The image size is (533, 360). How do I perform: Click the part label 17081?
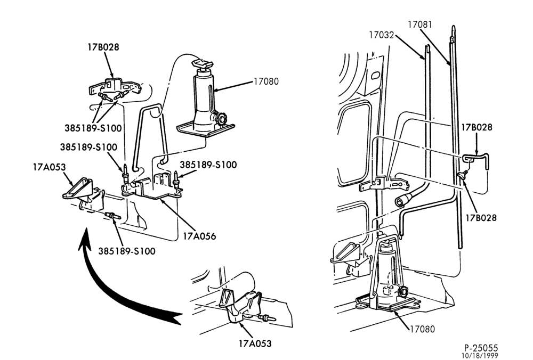[420, 24]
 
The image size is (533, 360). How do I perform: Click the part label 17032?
[382, 35]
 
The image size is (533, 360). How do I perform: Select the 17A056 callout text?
[199, 236]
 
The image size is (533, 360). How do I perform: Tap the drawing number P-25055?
[481, 348]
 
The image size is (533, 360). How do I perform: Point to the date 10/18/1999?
[480, 356]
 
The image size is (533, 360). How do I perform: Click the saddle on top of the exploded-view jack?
[202, 63]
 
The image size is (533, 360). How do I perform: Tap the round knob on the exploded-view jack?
[221, 119]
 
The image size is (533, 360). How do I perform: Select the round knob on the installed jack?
[405, 291]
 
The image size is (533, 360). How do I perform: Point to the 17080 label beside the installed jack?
[422, 329]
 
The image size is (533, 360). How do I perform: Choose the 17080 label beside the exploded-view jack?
[266, 81]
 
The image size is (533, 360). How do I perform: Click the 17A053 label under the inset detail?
[255, 343]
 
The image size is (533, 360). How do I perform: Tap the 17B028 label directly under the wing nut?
[481, 217]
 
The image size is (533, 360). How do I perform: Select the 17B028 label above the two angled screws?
[104, 46]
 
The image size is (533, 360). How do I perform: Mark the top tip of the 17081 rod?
[454, 26]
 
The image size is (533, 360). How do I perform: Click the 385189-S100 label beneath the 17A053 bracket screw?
[127, 251]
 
